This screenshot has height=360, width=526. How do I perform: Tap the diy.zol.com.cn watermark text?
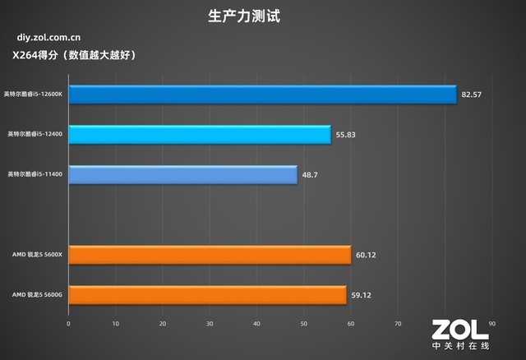[48, 38]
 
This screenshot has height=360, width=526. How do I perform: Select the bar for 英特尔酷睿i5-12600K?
[262, 95]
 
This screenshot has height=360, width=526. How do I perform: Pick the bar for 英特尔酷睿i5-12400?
[200, 134]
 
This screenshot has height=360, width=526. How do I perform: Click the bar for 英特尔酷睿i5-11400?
[182, 174]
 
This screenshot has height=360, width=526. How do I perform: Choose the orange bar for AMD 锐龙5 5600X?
[210, 255]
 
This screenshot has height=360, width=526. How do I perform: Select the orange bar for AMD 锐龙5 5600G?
[207, 294]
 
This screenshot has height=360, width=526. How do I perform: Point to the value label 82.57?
[472, 95]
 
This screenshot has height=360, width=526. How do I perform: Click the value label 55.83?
[346, 135]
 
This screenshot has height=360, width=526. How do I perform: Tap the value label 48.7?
[310, 175]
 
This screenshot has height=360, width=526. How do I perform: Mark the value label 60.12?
[366, 256]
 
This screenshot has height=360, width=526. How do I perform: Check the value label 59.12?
[361, 295]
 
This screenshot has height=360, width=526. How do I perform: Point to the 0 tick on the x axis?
[69, 323]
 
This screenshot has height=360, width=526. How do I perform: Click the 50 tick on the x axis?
[304, 323]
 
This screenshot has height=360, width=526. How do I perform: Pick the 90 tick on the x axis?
[492, 323]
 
